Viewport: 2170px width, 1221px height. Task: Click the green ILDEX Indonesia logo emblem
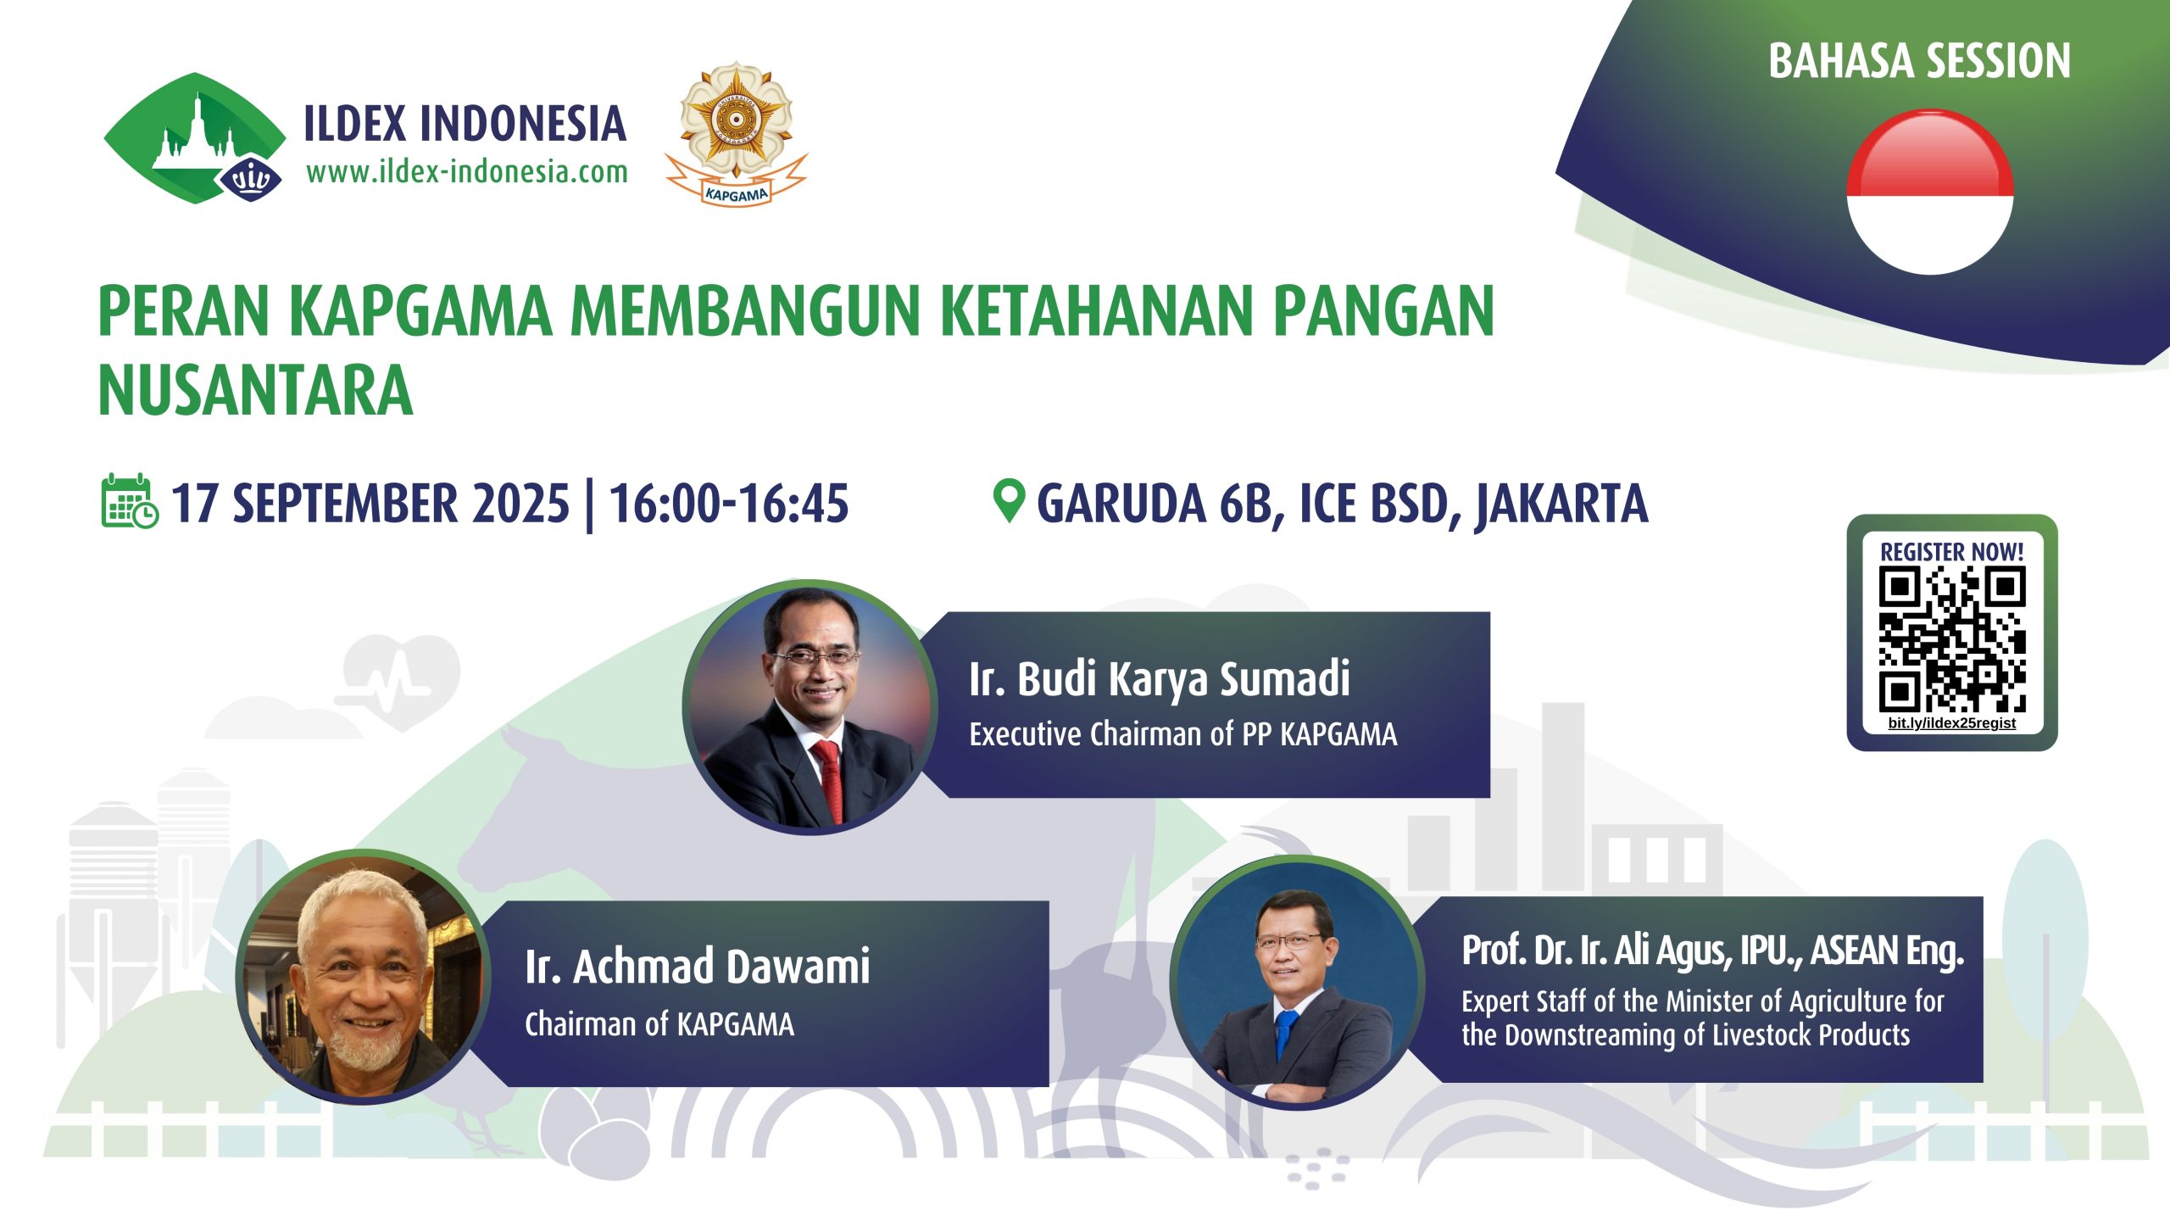click(195, 138)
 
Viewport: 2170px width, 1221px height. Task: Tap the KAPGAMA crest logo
click(736, 133)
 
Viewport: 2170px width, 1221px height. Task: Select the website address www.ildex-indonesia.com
click(467, 172)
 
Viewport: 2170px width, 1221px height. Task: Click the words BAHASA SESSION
click(1919, 61)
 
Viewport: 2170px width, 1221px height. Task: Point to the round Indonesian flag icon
click(1930, 192)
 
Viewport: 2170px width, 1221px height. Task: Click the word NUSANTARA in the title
click(255, 390)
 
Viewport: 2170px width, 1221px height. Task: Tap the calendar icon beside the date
click(129, 501)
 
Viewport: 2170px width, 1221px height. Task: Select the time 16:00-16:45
click(729, 503)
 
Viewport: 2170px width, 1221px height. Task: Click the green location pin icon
click(1009, 501)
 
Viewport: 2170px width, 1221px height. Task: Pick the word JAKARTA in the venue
click(1561, 505)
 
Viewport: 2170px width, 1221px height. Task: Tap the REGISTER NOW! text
click(1951, 552)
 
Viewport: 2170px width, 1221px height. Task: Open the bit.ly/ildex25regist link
click(1951, 723)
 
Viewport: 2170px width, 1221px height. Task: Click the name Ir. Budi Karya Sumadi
click(1160, 679)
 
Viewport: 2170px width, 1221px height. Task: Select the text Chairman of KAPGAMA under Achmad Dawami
click(659, 1024)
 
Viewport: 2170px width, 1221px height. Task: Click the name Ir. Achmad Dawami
click(698, 967)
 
